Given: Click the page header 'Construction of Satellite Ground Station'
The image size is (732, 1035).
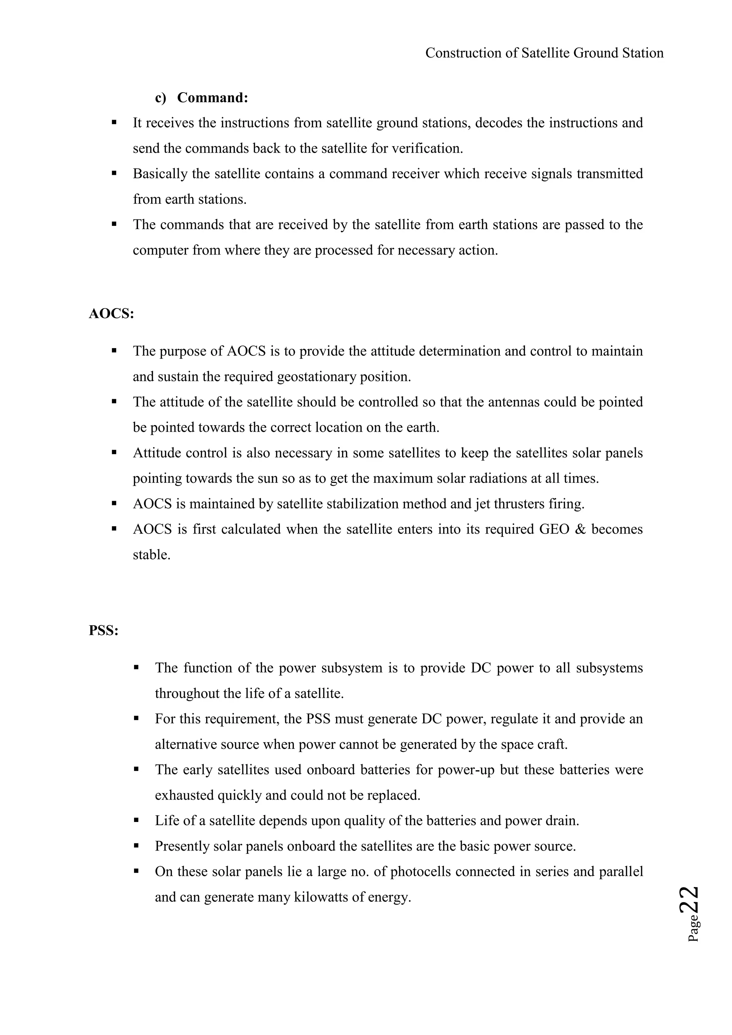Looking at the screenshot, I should [x=544, y=53].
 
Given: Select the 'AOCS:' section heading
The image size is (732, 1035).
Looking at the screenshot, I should [x=111, y=314].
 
